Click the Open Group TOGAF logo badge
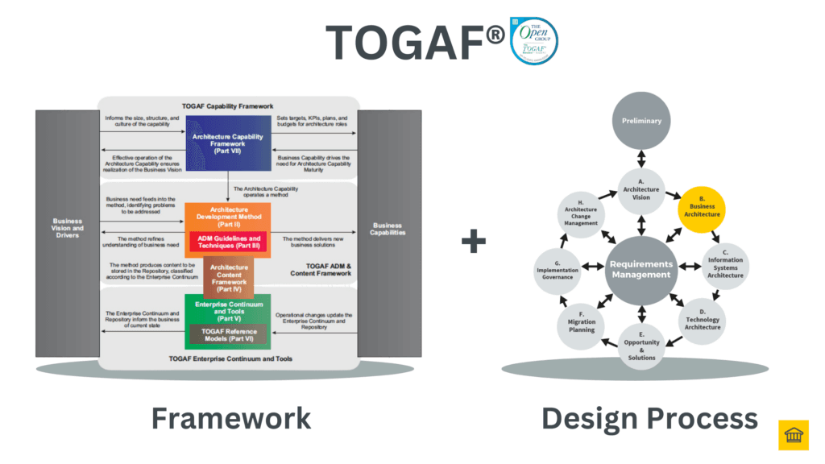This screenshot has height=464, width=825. (533, 40)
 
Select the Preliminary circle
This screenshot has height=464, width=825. (641, 121)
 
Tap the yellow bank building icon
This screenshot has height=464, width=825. (793, 435)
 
